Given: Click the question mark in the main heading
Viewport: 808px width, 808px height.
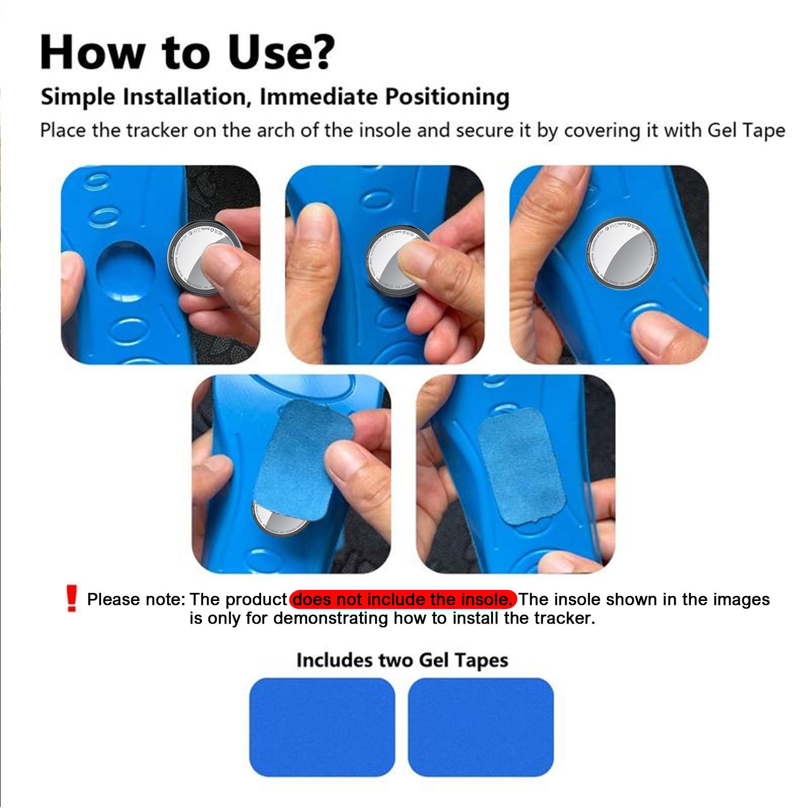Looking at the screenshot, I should [317, 52].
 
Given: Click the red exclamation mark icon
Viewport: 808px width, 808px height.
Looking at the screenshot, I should [72, 599].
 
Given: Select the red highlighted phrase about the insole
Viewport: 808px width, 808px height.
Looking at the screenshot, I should [403, 599].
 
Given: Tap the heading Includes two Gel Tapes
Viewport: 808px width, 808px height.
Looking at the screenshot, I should [402, 660].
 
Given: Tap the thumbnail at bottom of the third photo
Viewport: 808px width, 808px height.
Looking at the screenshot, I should [662, 336].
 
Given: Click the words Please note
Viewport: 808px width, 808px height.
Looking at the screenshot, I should [136, 599].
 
